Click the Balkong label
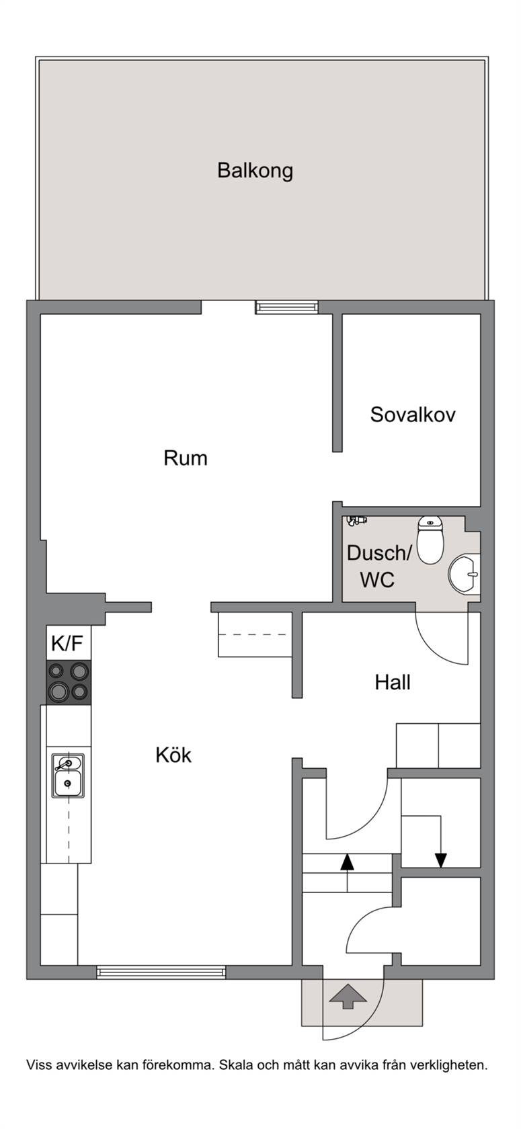point(255,171)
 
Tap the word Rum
point(186,458)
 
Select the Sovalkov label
point(413,414)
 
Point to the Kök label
point(173,755)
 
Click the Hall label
point(393,683)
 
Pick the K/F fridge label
point(67,643)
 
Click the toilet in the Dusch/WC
point(430,540)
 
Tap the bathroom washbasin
point(464,574)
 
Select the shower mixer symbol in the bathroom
point(356,521)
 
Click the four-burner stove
point(69,682)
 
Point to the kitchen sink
point(68,776)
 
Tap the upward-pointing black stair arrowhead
point(347,862)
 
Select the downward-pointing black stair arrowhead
point(441,860)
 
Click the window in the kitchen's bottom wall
point(161,972)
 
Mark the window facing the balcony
point(286,307)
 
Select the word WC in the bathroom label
point(376,580)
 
